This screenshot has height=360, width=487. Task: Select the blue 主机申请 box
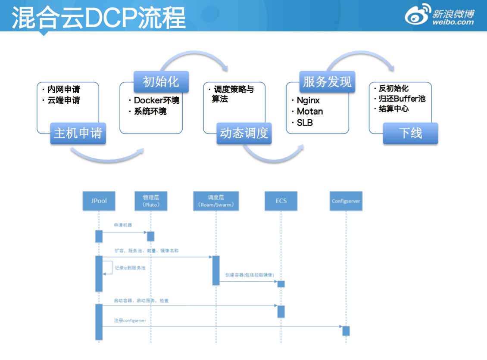click(78, 133)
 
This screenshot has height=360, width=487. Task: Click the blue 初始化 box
click(161, 82)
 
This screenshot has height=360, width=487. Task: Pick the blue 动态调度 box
click(244, 133)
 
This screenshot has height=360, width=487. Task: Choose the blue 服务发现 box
click(327, 82)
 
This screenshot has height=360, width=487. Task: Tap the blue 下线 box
click(410, 133)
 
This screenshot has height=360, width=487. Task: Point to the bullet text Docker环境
click(156, 100)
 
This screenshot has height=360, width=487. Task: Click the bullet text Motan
click(310, 112)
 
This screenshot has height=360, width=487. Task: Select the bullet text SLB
click(305, 123)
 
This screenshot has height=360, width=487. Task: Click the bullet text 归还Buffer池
click(402, 99)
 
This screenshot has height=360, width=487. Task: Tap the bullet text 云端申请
click(63, 100)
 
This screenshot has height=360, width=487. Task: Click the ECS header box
click(281, 201)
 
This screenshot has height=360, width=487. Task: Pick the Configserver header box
click(346, 201)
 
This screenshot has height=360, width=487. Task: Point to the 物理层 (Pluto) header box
click(150, 201)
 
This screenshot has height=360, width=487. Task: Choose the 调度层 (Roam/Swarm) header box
click(216, 201)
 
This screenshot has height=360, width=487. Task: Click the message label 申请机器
click(123, 225)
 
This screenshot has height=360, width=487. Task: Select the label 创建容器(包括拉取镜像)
click(250, 275)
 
